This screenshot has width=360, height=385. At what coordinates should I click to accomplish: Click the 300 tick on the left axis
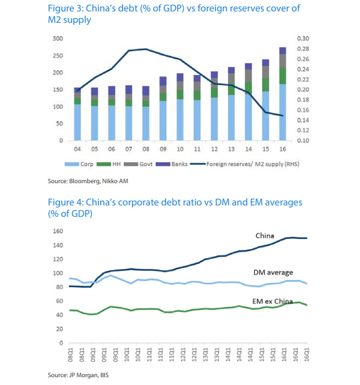pyautogui.click(x=58, y=38)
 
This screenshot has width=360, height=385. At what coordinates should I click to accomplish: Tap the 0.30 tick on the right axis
pyautogui.click(x=303, y=38)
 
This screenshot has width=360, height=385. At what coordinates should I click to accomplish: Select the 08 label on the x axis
pyautogui.click(x=146, y=149)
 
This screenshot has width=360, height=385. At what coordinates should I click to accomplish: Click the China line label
pyautogui.click(x=265, y=235)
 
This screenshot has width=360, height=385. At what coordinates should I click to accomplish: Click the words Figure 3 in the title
pyautogui.click(x=63, y=9)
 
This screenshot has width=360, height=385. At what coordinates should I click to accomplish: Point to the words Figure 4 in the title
pyautogui.click(x=63, y=202)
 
